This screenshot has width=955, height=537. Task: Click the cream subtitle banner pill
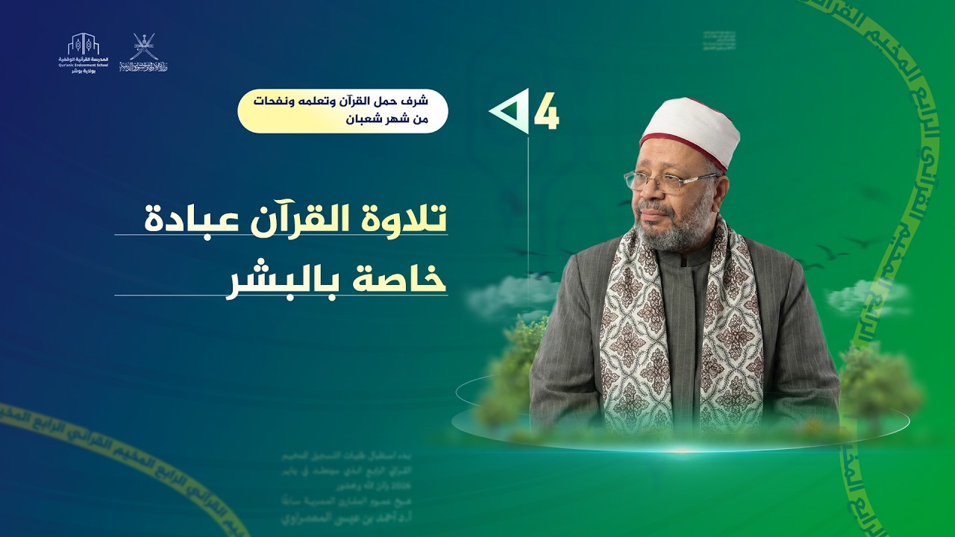pyautogui.click(x=342, y=111)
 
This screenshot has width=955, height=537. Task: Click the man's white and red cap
pyautogui.click(x=690, y=130)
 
